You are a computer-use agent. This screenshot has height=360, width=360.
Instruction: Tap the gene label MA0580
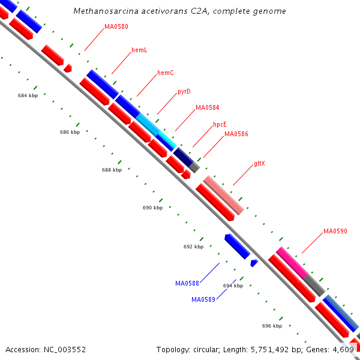pyautogui.click(x=116, y=26)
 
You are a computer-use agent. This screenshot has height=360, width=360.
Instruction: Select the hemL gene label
pyautogui.click(x=139, y=50)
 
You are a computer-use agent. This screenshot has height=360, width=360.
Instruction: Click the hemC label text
pyautogui.click(x=166, y=73)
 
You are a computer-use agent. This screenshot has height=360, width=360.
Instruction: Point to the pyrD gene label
pyautogui.click(x=184, y=92)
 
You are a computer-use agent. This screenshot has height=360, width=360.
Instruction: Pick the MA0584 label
pyautogui.click(x=207, y=108)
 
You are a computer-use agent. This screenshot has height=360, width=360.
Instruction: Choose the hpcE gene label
pyautogui.click(x=220, y=125)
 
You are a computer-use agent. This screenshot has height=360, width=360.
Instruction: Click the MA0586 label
pyautogui.click(x=236, y=134)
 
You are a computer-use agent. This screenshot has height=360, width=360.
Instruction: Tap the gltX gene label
pyautogui.click(x=259, y=163)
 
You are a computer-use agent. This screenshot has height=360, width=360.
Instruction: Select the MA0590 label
pyautogui.click(x=335, y=231)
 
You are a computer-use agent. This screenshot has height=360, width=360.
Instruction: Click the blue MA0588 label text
pyautogui.click(x=187, y=283)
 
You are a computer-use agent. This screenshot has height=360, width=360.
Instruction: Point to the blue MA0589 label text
pyautogui.click(x=203, y=299)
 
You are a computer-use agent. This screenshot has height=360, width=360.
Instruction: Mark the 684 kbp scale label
pyautogui.click(x=28, y=95)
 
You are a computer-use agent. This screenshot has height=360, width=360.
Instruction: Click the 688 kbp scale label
pyautogui.click(x=112, y=170)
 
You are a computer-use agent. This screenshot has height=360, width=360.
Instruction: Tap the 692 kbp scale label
pyautogui.click(x=193, y=247)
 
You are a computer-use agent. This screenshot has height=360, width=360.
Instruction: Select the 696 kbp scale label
pyautogui.click(x=272, y=326)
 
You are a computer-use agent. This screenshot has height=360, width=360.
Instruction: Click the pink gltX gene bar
pyautogui.click(x=224, y=195)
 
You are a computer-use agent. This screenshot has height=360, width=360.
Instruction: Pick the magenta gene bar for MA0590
pyautogui.click(x=292, y=262)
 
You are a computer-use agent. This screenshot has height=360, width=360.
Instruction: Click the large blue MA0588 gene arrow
pyautogui.click(x=237, y=246)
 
